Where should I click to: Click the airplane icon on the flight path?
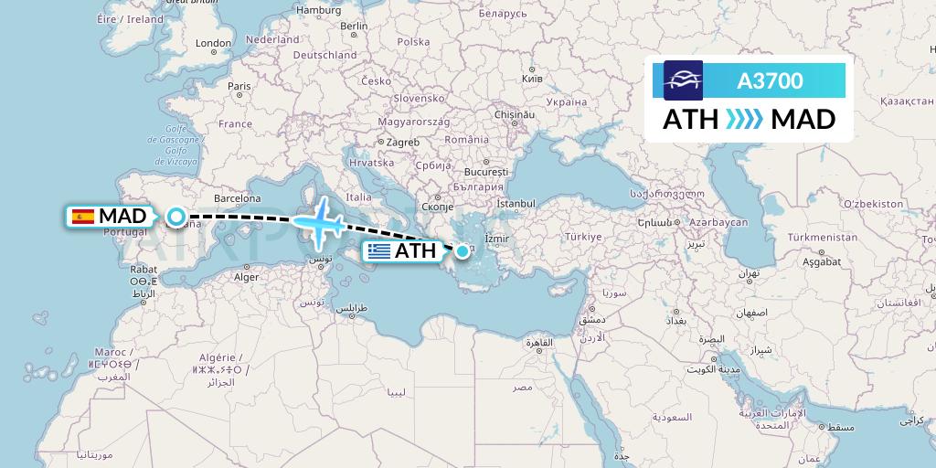point(319,222)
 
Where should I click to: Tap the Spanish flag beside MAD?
point(82,217)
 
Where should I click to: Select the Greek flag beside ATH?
point(378,250)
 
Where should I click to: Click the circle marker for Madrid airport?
point(175,217)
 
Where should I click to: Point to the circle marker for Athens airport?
point(464,250)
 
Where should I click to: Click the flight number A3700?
point(770,81)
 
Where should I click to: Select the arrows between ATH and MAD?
point(744,119)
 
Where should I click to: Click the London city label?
point(213,43)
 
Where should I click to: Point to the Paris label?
point(239,87)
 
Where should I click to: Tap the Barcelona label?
point(238,197)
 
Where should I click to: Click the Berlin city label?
point(354,27)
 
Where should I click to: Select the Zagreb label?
point(402,142)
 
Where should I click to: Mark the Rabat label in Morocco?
point(144,270)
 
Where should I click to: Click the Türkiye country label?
point(584,236)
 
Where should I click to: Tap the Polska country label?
point(413,42)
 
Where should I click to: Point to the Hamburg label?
point(318,10)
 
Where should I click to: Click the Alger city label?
point(247,277)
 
